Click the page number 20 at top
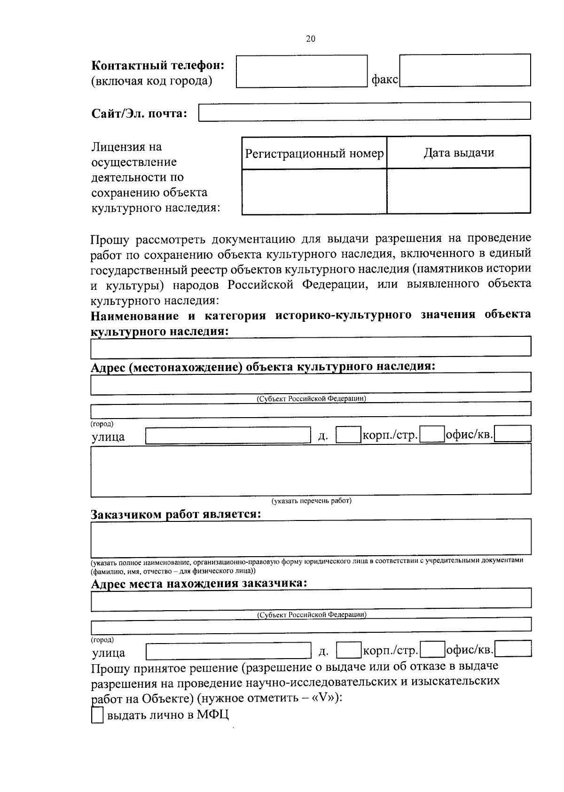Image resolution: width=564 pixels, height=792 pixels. click(x=311, y=39)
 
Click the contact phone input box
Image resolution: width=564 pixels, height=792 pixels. click(x=301, y=71)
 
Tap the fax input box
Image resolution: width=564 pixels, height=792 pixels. click(x=464, y=70)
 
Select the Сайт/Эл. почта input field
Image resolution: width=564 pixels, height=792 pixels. click(x=365, y=112)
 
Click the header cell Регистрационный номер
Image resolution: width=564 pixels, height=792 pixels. click(x=314, y=153)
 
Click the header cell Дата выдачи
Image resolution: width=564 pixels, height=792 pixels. click(x=459, y=153)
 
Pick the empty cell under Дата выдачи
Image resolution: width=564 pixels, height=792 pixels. click(x=459, y=191)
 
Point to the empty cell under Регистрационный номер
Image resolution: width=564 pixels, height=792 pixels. click(x=314, y=191)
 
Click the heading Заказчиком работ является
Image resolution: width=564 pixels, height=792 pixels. click(x=176, y=513)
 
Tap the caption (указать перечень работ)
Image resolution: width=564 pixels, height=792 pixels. click(x=312, y=501)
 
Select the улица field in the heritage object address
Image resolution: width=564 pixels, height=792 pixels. click(x=228, y=435)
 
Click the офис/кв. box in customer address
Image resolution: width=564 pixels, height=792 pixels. click(x=513, y=649)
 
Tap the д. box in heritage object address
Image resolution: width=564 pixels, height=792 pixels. click(x=348, y=435)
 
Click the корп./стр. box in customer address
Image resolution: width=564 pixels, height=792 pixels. click(x=432, y=650)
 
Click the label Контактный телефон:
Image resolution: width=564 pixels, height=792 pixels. click(x=157, y=65)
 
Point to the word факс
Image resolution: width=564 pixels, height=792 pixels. click(x=384, y=80)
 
